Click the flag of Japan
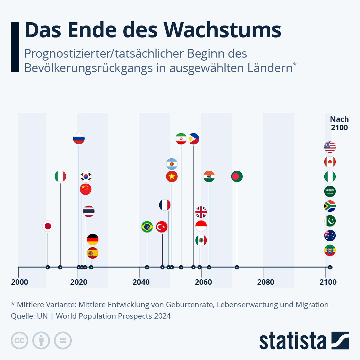(x=48, y=226)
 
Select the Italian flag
(x=60, y=176)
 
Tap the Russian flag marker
(x=79, y=139)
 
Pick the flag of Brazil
(x=147, y=227)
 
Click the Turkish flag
(x=162, y=227)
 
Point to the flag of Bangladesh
(x=237, y=176)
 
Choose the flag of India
(x=209, y=176)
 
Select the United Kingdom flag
(x=201, y=212)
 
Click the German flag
(x=93, y=239)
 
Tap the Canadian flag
(x=330, y=162)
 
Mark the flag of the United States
(x=330, y=147)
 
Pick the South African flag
(x=330, y=206)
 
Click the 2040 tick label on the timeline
(x=141, y=282)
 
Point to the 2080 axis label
(x=265, y=282)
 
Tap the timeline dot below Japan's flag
(x=48, y=267)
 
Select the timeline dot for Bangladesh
(x=237, y=267)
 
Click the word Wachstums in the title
(x=222, y=30)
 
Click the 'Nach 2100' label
(x=339, y=123)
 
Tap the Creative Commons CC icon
(x=19, y=340)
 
